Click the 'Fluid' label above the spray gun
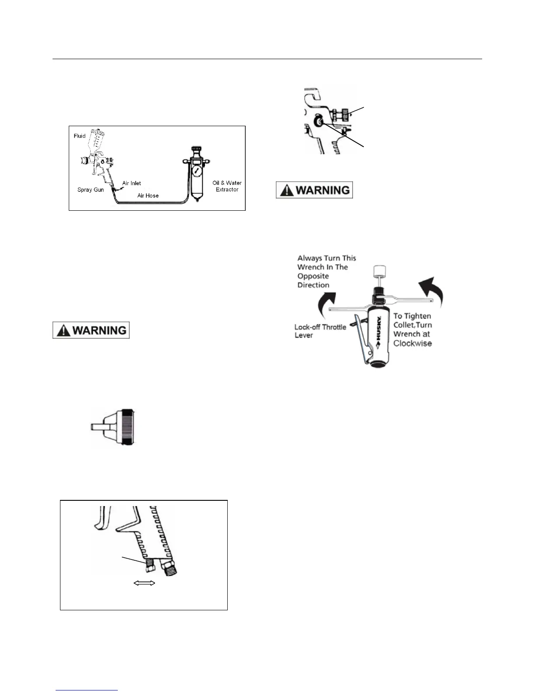80,136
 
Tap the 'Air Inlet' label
131,183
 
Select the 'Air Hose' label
148,195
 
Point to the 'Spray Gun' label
91,190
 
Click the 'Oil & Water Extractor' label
227,186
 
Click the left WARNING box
91,330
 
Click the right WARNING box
314,190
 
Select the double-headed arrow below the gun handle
144,583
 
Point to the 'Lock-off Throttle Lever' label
320,331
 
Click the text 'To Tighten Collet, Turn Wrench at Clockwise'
413,329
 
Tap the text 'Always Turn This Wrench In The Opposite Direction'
327,272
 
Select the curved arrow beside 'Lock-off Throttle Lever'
328,302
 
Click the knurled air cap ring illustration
128,427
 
